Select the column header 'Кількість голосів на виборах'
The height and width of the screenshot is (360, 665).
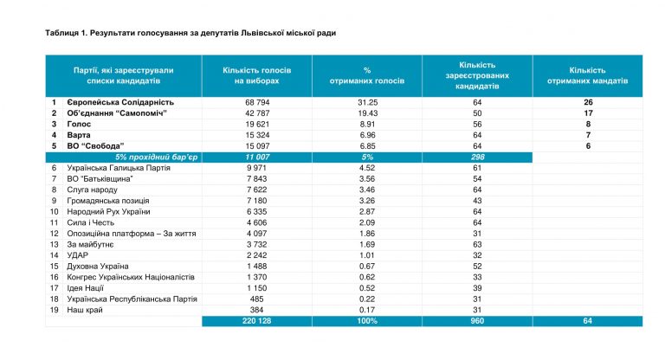(257, 75)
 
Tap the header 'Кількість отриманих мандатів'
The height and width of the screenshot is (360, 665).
(587, 75)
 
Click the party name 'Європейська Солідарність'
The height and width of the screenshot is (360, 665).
(120, 103)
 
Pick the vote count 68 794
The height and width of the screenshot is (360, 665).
(257, 103)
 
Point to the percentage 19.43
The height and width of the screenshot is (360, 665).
(367, 113)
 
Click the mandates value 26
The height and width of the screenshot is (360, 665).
(588, 103)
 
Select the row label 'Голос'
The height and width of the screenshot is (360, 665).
(79, 125)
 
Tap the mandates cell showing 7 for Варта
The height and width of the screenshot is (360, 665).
(588, 135)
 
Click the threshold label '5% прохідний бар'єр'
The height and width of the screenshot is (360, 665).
(156, 157)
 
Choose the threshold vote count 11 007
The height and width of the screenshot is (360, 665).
(257, 157)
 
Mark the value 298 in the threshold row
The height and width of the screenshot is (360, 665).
(477, 157)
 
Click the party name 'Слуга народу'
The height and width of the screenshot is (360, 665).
(92, 190)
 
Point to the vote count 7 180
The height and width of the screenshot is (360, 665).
(257, 201)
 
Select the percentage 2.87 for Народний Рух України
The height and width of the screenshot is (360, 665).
(367, 212)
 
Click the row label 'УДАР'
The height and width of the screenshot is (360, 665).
(78, 255)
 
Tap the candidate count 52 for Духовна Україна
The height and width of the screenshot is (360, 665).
(477, 267)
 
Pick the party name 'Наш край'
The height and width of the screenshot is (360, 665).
(85, 311)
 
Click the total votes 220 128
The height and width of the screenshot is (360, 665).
(257, 321)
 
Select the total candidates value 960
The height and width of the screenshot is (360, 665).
(477, 321)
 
